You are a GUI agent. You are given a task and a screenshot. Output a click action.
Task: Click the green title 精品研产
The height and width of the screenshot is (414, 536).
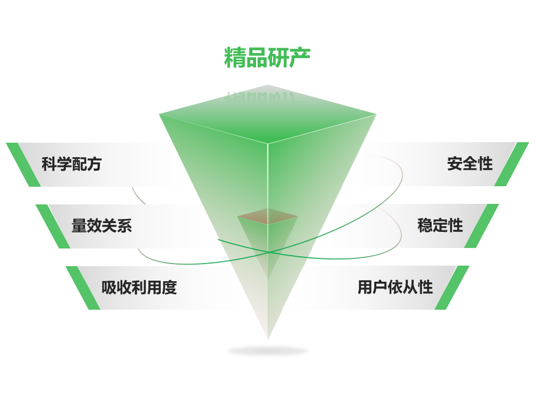267,58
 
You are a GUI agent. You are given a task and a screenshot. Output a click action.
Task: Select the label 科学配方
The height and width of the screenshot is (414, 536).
72,164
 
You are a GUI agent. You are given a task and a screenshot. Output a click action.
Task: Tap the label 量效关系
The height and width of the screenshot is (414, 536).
102,226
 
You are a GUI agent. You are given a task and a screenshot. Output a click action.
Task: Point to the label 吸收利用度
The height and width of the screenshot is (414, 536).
139,287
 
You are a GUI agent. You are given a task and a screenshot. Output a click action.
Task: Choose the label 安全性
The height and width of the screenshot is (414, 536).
470,163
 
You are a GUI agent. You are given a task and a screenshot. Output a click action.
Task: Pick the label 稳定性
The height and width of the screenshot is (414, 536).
440,226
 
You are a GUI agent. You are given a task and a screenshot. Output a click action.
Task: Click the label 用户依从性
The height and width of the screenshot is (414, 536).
395,287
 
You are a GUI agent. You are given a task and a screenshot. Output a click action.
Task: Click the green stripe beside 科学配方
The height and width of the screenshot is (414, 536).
23,164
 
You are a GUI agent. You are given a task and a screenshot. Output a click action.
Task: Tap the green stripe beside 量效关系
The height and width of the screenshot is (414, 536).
53,227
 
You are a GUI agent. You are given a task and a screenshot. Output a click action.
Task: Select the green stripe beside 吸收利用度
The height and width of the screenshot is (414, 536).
83,288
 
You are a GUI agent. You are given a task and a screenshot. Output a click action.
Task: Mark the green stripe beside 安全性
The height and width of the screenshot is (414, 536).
512,164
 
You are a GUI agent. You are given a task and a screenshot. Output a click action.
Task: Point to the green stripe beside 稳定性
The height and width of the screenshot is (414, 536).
482,226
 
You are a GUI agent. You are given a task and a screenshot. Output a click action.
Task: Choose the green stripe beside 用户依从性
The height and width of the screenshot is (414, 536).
452,288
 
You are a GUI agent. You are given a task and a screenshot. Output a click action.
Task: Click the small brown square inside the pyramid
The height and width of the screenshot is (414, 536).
267,216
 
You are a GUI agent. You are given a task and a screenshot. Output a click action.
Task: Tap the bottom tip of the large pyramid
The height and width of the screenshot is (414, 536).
268,339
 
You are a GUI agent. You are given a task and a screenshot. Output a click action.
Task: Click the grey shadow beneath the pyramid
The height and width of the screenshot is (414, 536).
269,351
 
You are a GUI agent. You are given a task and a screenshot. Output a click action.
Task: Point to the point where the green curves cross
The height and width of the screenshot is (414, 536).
270,252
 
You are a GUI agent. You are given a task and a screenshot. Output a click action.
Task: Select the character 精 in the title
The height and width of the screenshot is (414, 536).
235,58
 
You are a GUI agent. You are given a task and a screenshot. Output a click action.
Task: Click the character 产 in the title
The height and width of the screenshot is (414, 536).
300,58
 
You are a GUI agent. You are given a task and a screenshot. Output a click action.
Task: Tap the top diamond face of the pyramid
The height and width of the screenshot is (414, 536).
267,114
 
